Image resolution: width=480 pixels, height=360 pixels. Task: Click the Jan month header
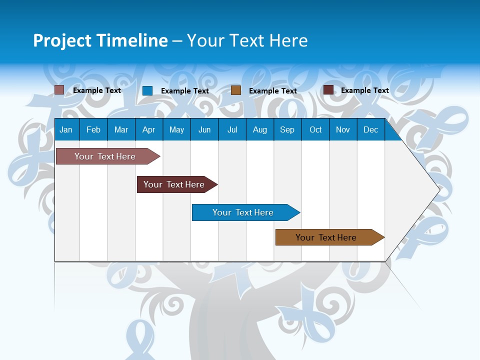tap(66, 130)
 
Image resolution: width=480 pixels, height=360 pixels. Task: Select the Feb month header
tap(93, 130)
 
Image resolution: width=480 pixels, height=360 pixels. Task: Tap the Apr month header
tap(148, 130)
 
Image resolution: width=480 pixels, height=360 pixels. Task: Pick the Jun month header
tap(204, 130)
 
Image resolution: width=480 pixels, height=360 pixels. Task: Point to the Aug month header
tap(259, 130)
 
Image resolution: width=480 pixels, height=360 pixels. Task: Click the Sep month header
tap(287, 130)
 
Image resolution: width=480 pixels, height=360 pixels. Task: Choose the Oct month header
tap(315, 130)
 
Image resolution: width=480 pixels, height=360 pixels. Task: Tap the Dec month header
tap(370, 130)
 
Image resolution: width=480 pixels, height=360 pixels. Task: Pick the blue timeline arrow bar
tap(243, 212)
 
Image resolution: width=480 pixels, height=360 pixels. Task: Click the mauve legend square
tap(59, 90)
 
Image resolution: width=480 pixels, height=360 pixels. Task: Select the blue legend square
tap(147, 90)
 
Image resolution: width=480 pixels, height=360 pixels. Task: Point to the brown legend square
tap(236, 90)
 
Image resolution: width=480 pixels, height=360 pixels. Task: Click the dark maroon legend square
tap(328, 90)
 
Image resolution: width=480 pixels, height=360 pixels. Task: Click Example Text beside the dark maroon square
tap(364, 90)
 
